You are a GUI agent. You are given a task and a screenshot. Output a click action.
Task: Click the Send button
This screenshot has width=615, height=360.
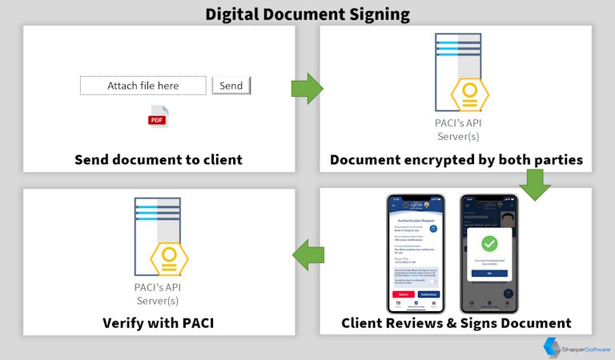point(231,86)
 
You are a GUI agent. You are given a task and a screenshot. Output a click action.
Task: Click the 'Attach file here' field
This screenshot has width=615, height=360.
point(143,86)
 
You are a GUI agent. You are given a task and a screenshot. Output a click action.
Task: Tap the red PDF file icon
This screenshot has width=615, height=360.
point(158,117)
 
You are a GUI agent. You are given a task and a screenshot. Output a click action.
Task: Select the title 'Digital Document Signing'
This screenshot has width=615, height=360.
point(307,14)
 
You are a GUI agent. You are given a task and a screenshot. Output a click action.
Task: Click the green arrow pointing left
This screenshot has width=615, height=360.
point(307,256)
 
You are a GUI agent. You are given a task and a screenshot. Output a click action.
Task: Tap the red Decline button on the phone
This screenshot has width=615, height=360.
point(401,294)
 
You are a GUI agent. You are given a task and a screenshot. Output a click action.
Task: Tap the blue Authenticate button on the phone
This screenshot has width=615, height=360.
point(428,294)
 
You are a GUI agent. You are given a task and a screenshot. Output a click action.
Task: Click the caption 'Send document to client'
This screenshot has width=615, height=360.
point(159,159)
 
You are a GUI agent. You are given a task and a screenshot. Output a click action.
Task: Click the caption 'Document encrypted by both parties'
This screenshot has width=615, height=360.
point(456,159)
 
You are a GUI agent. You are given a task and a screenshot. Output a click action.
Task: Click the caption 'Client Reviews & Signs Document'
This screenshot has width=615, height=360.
point(456,323)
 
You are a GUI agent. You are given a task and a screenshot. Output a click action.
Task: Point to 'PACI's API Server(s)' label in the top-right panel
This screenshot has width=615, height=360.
point(457,130)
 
